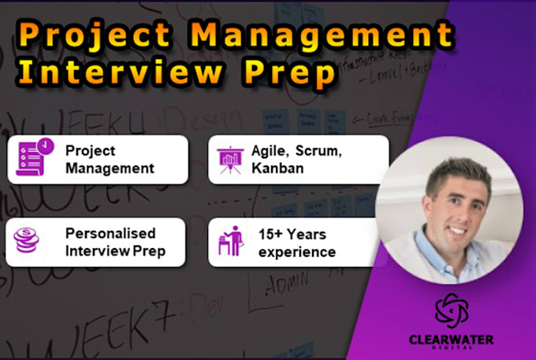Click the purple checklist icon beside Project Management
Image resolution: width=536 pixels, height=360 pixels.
(x=30, y=158)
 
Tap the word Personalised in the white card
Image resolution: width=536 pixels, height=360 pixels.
(x=111, y=233)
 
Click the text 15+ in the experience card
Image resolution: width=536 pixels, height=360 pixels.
(x=273, y=233)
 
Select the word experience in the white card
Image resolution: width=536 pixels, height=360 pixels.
(x=297, y=252)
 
